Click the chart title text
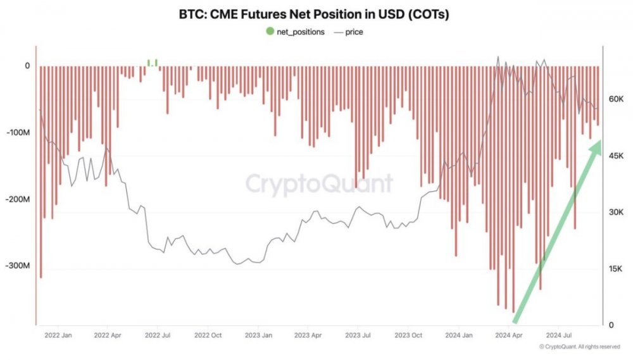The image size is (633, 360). [315, 15]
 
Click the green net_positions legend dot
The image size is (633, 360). [270, 31]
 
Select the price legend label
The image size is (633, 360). [354, 31]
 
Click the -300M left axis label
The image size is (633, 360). [18, 266]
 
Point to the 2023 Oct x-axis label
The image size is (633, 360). [409, 336]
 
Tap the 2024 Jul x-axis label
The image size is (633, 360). [561, 336]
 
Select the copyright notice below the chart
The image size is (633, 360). [579, 347]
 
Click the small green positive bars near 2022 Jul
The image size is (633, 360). [152, 62]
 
